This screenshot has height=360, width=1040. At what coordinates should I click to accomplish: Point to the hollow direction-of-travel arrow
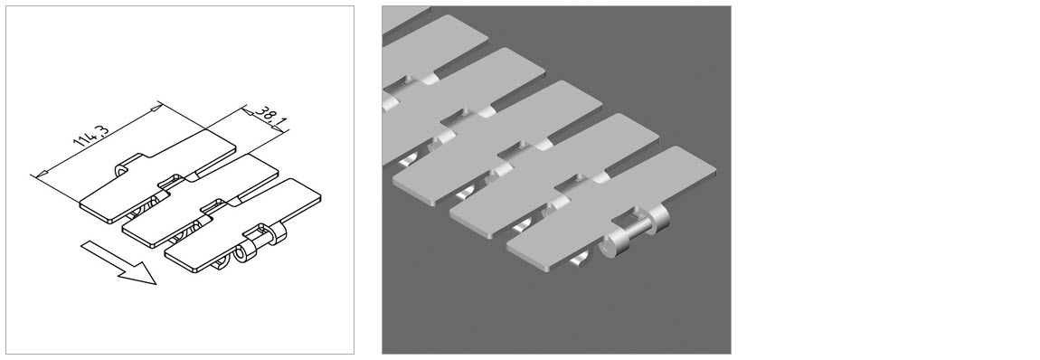[119, 262]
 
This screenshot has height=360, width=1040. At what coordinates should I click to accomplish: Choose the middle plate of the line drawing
[199, 199]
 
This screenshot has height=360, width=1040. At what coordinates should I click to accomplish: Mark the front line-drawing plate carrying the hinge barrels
[242, 224]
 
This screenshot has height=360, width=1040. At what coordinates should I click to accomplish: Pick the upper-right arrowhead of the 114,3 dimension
[155, 108]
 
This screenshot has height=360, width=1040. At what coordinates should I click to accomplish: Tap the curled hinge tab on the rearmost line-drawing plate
[121, 172]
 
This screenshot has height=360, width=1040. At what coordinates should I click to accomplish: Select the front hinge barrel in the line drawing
[246, 252]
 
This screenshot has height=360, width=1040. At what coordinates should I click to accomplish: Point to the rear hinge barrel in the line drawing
[276, 234]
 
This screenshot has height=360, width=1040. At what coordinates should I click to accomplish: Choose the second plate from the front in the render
[553, 175]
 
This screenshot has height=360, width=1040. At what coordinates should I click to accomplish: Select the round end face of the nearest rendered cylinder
[609, 248]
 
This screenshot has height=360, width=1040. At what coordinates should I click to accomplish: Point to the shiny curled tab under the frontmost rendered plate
[580, 261]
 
